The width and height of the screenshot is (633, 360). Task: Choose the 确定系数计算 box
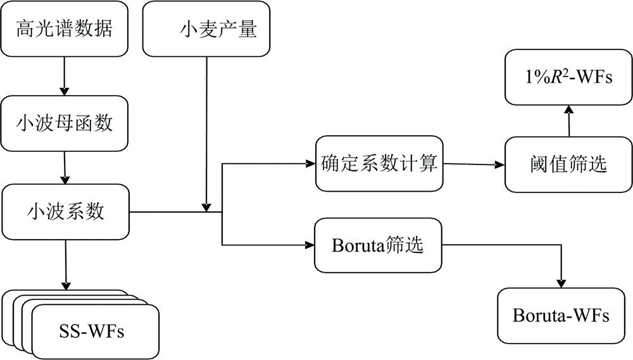tap(378, 164)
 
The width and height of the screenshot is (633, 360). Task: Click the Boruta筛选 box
tap(378, 245)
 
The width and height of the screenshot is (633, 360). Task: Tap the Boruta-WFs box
tap(561, 315)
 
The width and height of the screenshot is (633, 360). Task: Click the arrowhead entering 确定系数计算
tap(310, 164)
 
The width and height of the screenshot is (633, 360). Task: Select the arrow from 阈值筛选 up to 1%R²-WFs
tap(568, 120)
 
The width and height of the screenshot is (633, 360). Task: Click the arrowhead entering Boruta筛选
tap(310, 244)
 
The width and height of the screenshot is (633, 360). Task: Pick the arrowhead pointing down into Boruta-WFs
tap(561, 283)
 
